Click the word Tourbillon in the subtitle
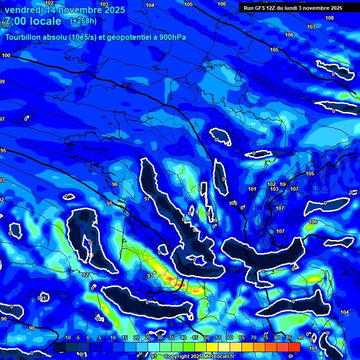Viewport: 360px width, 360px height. pos(24,37)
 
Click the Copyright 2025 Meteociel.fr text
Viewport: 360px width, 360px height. pos(199,356)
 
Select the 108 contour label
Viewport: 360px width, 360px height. pos(330,18)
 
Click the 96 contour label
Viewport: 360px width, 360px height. pos(115,184)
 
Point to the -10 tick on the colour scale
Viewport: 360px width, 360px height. pos(66,338)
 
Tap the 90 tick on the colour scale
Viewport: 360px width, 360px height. pos(300,338)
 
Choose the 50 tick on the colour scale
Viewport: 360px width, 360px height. pos(206,338)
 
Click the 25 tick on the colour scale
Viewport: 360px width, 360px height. pos(148,338)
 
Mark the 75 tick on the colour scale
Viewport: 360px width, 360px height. pos(265,338)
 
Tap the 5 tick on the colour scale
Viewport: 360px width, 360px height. pos(100,338)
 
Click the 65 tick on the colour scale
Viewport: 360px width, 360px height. pos(241,338)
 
